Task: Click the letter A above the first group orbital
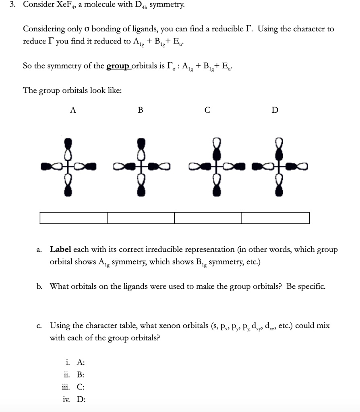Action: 73,110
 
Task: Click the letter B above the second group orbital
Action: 140,110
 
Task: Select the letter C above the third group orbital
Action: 207,110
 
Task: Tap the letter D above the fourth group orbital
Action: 275,110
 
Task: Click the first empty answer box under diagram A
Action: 74,218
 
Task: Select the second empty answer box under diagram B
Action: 141,218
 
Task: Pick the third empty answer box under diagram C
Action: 208,218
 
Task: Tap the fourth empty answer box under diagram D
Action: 275,218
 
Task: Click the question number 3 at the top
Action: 12,5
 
